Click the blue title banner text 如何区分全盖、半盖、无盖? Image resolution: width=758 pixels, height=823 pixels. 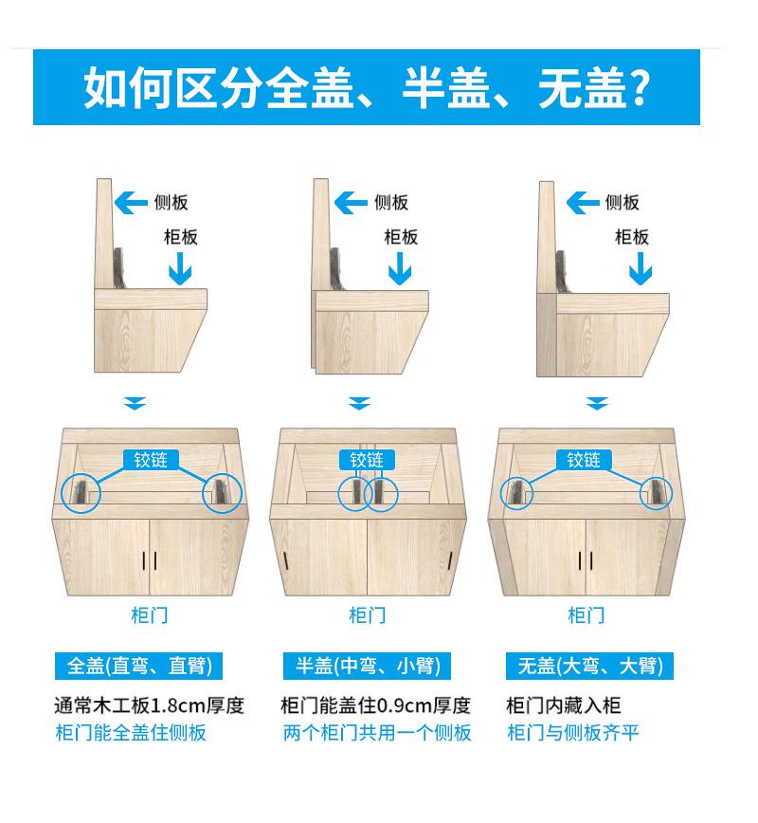367,88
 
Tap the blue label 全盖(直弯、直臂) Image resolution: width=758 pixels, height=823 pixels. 139,666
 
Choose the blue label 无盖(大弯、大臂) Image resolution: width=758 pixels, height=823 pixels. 589,666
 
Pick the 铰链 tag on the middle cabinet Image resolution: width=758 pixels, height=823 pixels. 367,460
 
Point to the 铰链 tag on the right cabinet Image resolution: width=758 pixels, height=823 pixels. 584,460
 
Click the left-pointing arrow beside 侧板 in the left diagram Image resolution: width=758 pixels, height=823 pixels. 131,202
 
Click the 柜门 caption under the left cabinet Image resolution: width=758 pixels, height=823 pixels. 150,615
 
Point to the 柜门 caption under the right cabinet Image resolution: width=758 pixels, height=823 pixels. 586,615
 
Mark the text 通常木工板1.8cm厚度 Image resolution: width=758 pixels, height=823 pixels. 149,705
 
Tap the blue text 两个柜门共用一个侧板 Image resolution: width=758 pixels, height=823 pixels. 377,733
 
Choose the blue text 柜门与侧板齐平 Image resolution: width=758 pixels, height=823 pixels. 573,733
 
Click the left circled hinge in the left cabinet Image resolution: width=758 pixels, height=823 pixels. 82,491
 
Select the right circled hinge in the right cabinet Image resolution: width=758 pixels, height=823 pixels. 655,491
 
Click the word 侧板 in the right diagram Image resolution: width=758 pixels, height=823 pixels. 623,202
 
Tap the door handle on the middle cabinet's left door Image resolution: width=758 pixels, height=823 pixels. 284,559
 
